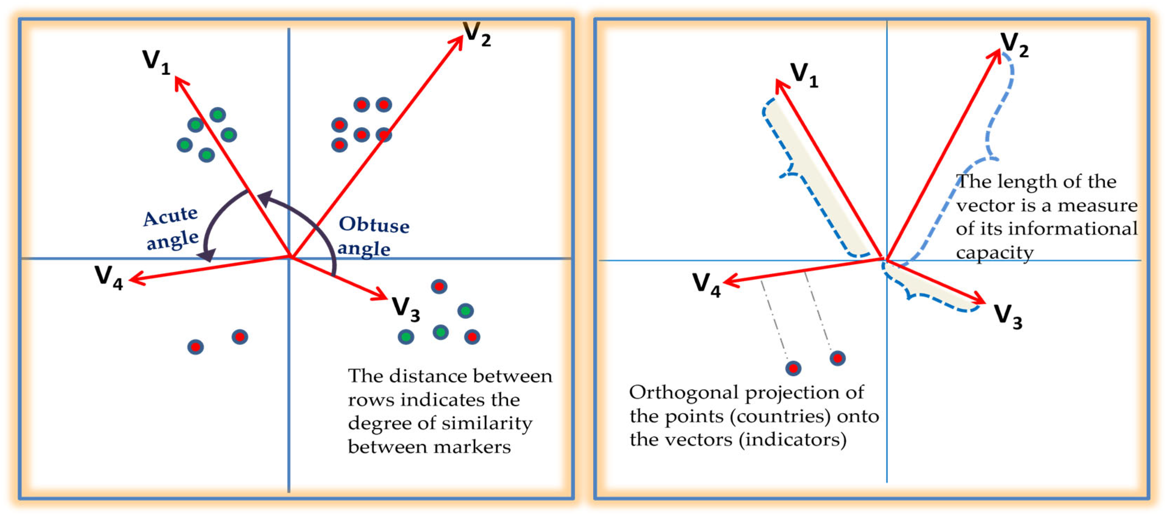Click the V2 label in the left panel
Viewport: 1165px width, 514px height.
click(477, 34)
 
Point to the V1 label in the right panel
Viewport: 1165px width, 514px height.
click(804, 74)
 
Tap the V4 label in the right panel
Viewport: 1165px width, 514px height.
click(707, 284)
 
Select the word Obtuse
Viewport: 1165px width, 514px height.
click(374, 225)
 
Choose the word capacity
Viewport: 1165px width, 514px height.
click(994, 253)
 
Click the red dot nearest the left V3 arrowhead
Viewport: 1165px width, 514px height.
click(439, 286)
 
